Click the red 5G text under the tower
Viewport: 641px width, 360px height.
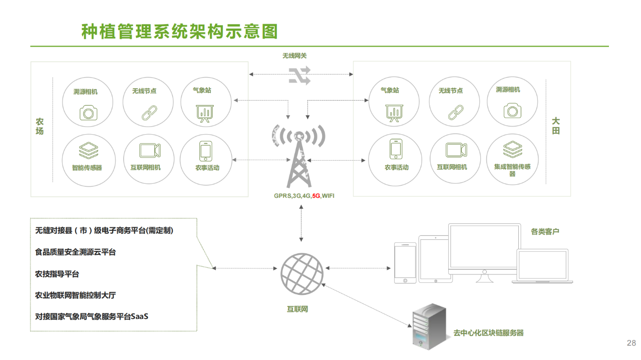[x=316, y=196]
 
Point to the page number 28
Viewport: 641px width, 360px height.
[x=631, y=343]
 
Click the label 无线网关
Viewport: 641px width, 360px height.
[x=294, y=56]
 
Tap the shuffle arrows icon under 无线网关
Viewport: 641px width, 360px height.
[x=299, y=75]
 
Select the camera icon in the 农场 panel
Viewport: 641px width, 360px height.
[x=89, y=112]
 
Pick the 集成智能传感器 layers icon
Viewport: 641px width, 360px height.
[x=512, y=149]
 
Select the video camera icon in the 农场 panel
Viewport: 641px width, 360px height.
[x=150, y=150]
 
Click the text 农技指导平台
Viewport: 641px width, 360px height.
[x=57, y=274]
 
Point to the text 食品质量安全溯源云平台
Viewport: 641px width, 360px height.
[x=75, y=252]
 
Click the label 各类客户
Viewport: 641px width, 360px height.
[x=545, y=232]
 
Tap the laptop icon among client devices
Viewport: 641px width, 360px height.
[x=542, y=267]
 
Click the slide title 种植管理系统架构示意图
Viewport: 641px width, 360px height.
[x=179, y=32]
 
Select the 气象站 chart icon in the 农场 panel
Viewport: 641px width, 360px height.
[x=204, y=113]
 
